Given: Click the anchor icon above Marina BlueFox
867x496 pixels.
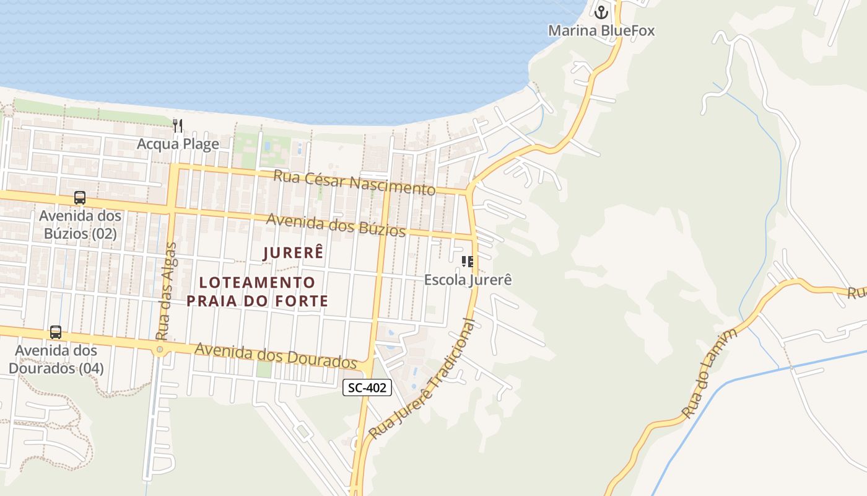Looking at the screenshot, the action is [601, 12].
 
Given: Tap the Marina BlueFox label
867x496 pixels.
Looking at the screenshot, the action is [601, 30].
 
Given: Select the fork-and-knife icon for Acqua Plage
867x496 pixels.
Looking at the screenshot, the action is [178, 126].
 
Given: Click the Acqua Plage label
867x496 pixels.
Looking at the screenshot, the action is [178, 144].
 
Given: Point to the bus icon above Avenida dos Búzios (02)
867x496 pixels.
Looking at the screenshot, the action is [80, 198].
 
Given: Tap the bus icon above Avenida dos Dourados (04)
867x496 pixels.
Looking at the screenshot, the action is [56, 332].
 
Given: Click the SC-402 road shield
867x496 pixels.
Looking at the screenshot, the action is [367, 388].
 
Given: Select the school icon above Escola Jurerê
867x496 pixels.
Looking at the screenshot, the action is [468, 262].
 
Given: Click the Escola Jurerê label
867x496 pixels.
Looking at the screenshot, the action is [468, 280].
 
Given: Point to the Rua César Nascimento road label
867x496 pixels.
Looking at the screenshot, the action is [354, 182].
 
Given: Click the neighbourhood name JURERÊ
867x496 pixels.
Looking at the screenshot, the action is [294, 253].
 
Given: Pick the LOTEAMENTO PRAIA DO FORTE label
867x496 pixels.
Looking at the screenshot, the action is [257, 292].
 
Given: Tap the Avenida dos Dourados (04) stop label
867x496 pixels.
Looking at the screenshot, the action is [56, 359].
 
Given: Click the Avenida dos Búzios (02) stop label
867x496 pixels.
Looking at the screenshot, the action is [80, 224].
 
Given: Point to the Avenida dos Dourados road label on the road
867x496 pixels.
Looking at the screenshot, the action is [276, 355].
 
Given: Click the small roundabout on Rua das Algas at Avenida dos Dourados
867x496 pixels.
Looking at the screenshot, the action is [160, 350].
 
